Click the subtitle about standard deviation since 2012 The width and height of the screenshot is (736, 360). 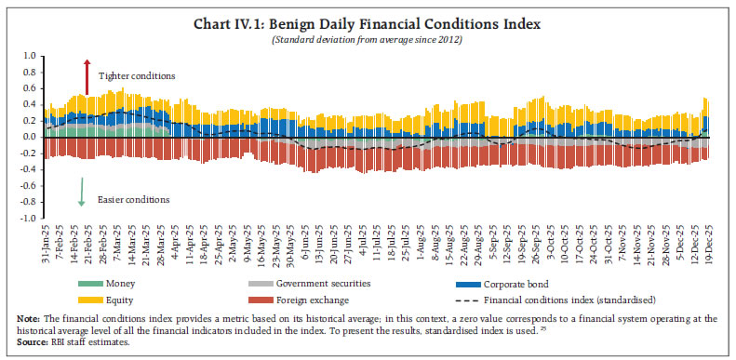coord(368,39)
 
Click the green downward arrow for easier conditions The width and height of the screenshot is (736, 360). coord(83,190)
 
